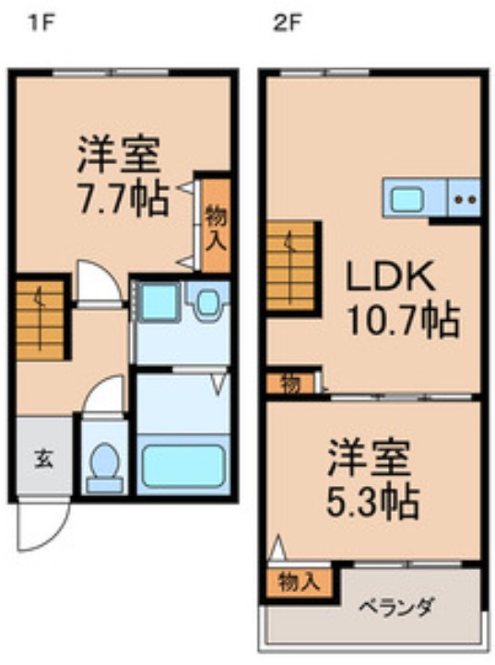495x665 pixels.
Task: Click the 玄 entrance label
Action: [43, 458]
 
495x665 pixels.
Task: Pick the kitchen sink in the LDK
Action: [407, 198]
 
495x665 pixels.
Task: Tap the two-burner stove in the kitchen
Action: [465, 198]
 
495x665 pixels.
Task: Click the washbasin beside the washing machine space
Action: [208, 302]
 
